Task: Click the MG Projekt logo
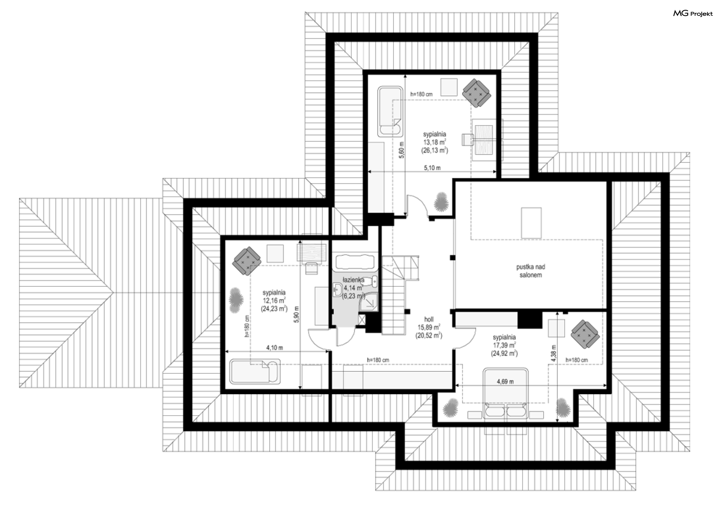click(693, 14)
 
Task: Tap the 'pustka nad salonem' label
click(531, 271)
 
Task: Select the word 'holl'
click(429, 319)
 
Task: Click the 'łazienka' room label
click(353, 280)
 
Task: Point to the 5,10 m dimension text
click(432, 168)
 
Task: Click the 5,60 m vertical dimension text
click(402, 150)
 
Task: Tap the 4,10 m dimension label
click(275, 348)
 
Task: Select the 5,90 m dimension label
click(296, 314)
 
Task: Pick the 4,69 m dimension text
click(505, 382)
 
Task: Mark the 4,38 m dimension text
click(553, 354)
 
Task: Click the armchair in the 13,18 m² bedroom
click(477, 93)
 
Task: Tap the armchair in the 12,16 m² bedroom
click(247, 261)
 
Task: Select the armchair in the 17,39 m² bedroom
click(585, 334)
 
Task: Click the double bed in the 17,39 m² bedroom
click(506, 393)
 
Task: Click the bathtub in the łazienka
click(355, 262)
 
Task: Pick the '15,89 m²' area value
click(429, 327)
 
